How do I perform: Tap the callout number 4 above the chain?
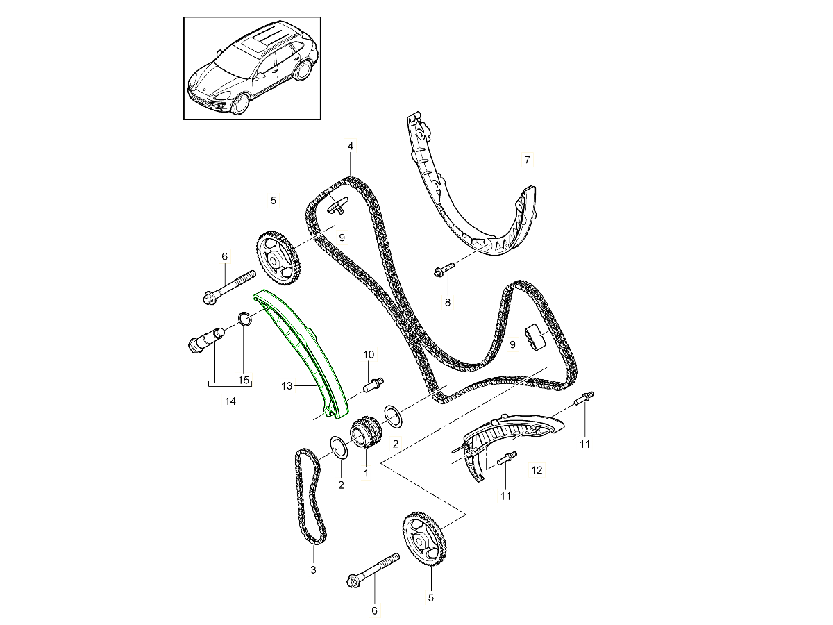[x=351, y=147]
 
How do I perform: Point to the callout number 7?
[x=527, y=160]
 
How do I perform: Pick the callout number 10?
[x=368, y=355]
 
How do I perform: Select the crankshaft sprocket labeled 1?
[x=366, y=435]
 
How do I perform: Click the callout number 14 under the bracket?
[x=231, y=401]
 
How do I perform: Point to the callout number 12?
[x=537, y=469]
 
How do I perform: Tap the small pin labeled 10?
[x=376, y=381]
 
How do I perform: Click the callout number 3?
[x=313, y=570]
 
